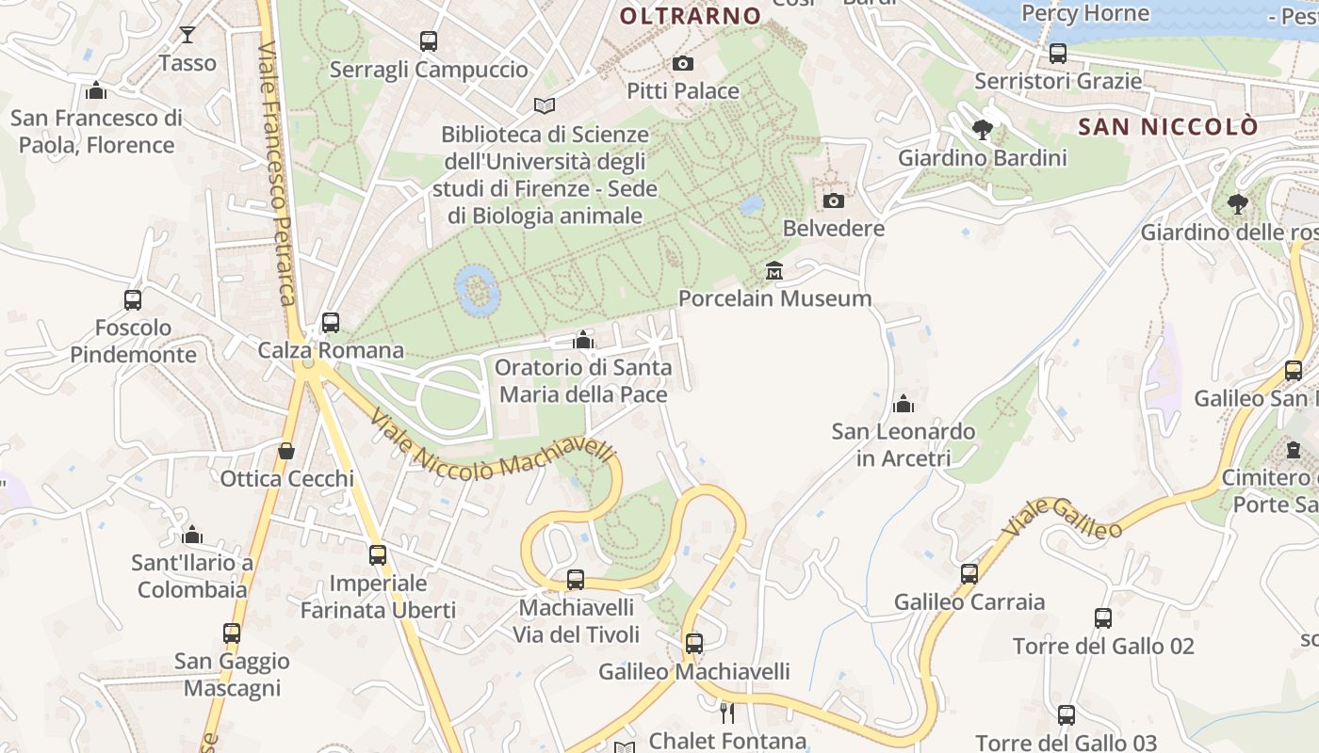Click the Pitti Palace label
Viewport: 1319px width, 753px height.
click(x=683, y=91)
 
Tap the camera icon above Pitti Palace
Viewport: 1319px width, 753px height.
click(x=683, y=64)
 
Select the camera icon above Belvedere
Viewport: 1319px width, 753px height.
click(x=834, y=200)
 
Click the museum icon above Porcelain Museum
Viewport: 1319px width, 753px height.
click(x=774, y=271)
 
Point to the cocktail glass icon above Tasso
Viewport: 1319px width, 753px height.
click(x=187, y=35)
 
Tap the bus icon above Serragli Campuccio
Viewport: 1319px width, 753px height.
click(x=429, y=41)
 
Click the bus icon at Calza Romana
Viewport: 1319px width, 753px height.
click(x=331, y=323)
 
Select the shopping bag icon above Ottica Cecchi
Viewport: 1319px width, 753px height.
click(x=286, y=451)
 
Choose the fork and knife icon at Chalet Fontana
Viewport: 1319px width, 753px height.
click(x=726, y=713)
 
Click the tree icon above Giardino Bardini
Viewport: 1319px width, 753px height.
click(x=983, y=130)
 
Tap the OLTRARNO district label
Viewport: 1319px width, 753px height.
click(x=691, y=16)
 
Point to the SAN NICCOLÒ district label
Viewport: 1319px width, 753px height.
click(x=1168, y=126)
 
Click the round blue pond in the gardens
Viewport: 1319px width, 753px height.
click(x=477, y=289)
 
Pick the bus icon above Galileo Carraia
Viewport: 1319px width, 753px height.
click(x=969, y=574)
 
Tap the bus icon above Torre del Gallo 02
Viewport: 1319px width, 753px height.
click(x=1103, y=618)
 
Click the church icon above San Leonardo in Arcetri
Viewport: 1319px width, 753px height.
click(x=904, y=404)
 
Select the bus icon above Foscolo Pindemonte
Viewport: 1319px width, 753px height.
click(x=133, y=300)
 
